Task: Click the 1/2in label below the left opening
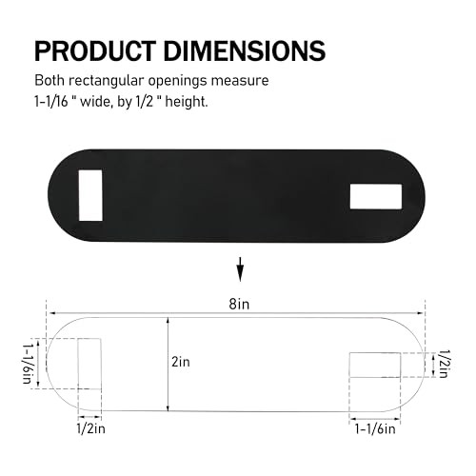91,429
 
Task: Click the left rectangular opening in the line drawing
89,363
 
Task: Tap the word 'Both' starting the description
51,81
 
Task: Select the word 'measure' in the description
251,81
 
